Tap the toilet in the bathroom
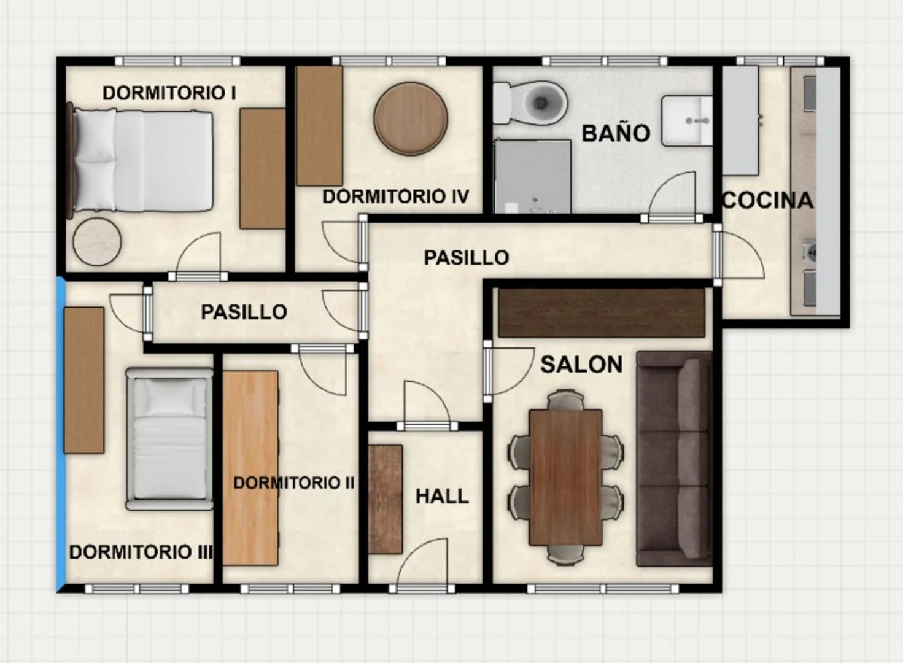pos(530,103)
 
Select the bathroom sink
pos(687,120)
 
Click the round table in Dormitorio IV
pos(411,118)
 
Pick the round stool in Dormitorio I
pos(97,241)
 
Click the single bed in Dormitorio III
pos(169,438)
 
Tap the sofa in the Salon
pos(674,459)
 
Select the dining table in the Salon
pos(566,477)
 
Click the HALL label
pos(442,497)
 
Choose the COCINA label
pos(767,201)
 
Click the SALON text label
pos(581,365)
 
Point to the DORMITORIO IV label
pos(396,196)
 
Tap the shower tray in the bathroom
pos(532,176)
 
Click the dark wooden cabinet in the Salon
pos(602,312)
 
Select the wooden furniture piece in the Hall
pos(386,499)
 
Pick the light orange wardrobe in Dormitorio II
pos(250,468)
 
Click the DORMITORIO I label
pos(169,93)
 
